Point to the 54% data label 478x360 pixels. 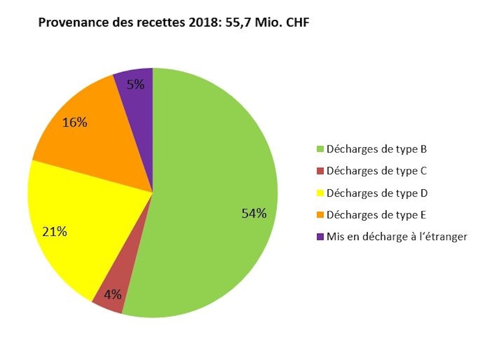click(254, 214)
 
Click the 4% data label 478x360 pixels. click(112, 295)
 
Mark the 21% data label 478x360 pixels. click(55, 231)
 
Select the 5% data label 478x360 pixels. click(135, 85)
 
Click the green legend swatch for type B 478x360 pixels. click(320, 150)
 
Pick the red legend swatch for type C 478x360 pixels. click(320, 171)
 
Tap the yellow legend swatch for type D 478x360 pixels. click(320, 193)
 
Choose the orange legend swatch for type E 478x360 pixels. click(320, 215)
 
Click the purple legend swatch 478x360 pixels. click(320, 237)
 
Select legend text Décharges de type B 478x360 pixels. click(376, 150)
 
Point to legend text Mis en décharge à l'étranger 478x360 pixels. click(397, 236)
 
